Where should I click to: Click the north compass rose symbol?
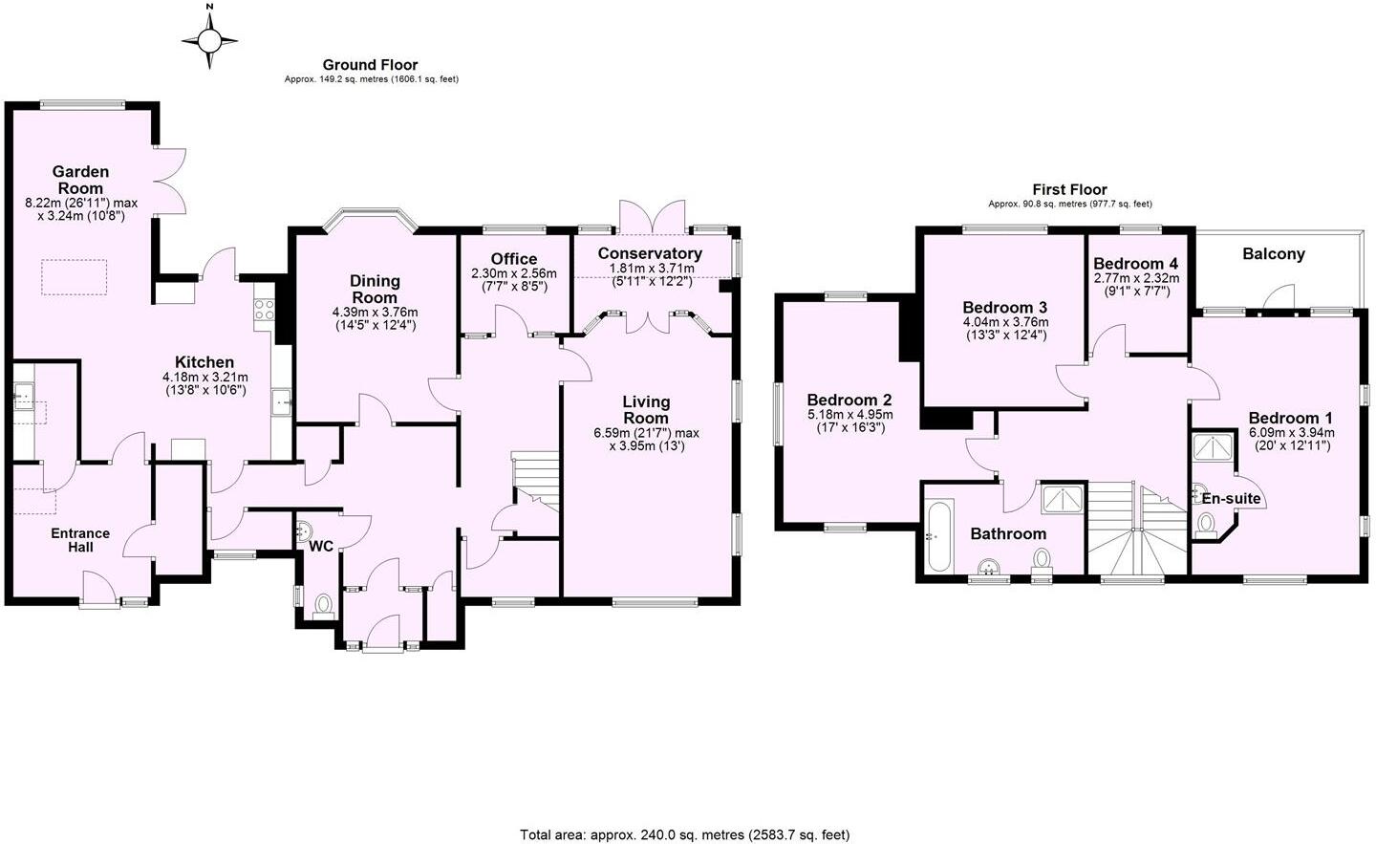210,39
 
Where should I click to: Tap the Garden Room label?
80,180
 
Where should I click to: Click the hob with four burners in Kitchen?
263,309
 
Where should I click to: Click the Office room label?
513,259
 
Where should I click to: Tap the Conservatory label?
650,253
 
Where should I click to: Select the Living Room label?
646,410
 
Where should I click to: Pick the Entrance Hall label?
80,540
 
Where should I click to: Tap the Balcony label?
1273,254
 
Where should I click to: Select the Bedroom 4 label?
1135,263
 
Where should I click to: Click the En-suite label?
1231,499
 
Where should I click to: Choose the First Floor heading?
1069,189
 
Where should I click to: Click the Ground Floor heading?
370,65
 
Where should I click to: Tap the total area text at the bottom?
684,834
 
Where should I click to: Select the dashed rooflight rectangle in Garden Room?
75,276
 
